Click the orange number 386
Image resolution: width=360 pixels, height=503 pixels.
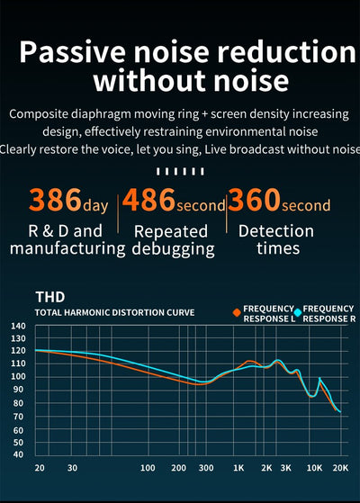pos(55,200)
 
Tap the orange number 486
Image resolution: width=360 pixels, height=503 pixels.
pos(148,200)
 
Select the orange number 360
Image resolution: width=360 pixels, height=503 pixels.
pos(254,200)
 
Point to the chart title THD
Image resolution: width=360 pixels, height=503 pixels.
pos(50,297)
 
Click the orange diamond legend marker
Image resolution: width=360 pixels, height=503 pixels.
pos(237,312)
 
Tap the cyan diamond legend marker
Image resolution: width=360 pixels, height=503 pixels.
pos(298,312)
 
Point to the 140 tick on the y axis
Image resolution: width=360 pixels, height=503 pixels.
pos(18,326)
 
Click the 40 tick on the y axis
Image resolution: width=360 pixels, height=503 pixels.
pos(18,454)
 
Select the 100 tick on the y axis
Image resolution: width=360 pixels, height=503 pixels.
pos(18,376)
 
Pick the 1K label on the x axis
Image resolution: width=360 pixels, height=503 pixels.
pos(238,468)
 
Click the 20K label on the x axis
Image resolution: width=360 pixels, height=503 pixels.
pos(340,468)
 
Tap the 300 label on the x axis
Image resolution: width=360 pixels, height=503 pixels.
pos(206,468)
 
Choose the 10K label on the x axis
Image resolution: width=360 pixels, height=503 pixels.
pos(314,468)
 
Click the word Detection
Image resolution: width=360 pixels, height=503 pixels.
pos(276,231)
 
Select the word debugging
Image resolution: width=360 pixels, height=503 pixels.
pos(174,249)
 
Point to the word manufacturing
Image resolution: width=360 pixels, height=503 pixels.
pos(67,249)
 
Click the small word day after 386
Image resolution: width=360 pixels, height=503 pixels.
pos(95,205)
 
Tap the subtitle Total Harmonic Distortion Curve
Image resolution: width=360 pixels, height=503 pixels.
pos(115,313)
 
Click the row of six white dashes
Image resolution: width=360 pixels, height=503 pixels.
pos(180,171)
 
